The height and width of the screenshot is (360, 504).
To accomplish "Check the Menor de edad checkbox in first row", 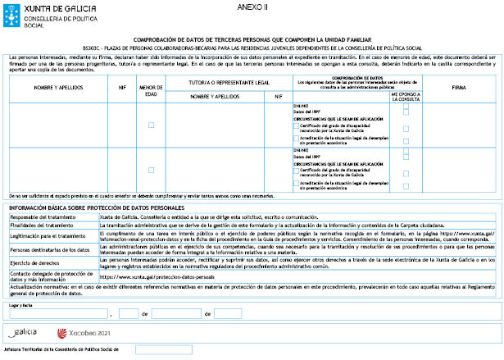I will [151, 125].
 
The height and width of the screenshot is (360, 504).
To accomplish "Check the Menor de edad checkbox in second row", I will [151, 170].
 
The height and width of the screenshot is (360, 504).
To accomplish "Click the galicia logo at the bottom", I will [25, 333].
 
